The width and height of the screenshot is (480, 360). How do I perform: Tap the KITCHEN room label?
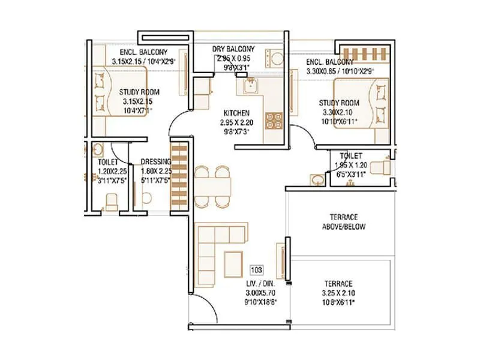click(236, 113)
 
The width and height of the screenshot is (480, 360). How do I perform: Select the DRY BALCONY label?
click(233, 49)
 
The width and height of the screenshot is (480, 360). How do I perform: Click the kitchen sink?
click(250, 88)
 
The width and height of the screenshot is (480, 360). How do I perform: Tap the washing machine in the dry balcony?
click(278, 59)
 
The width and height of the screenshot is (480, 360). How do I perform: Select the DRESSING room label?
click(155, 162)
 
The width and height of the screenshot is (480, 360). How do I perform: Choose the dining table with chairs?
click(212, 185)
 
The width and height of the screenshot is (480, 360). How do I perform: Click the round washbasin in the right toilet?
click(316, 178)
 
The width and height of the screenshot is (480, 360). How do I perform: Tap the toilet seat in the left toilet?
click(111, 198)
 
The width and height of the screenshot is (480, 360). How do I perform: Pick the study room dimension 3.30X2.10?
click(339, 111)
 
